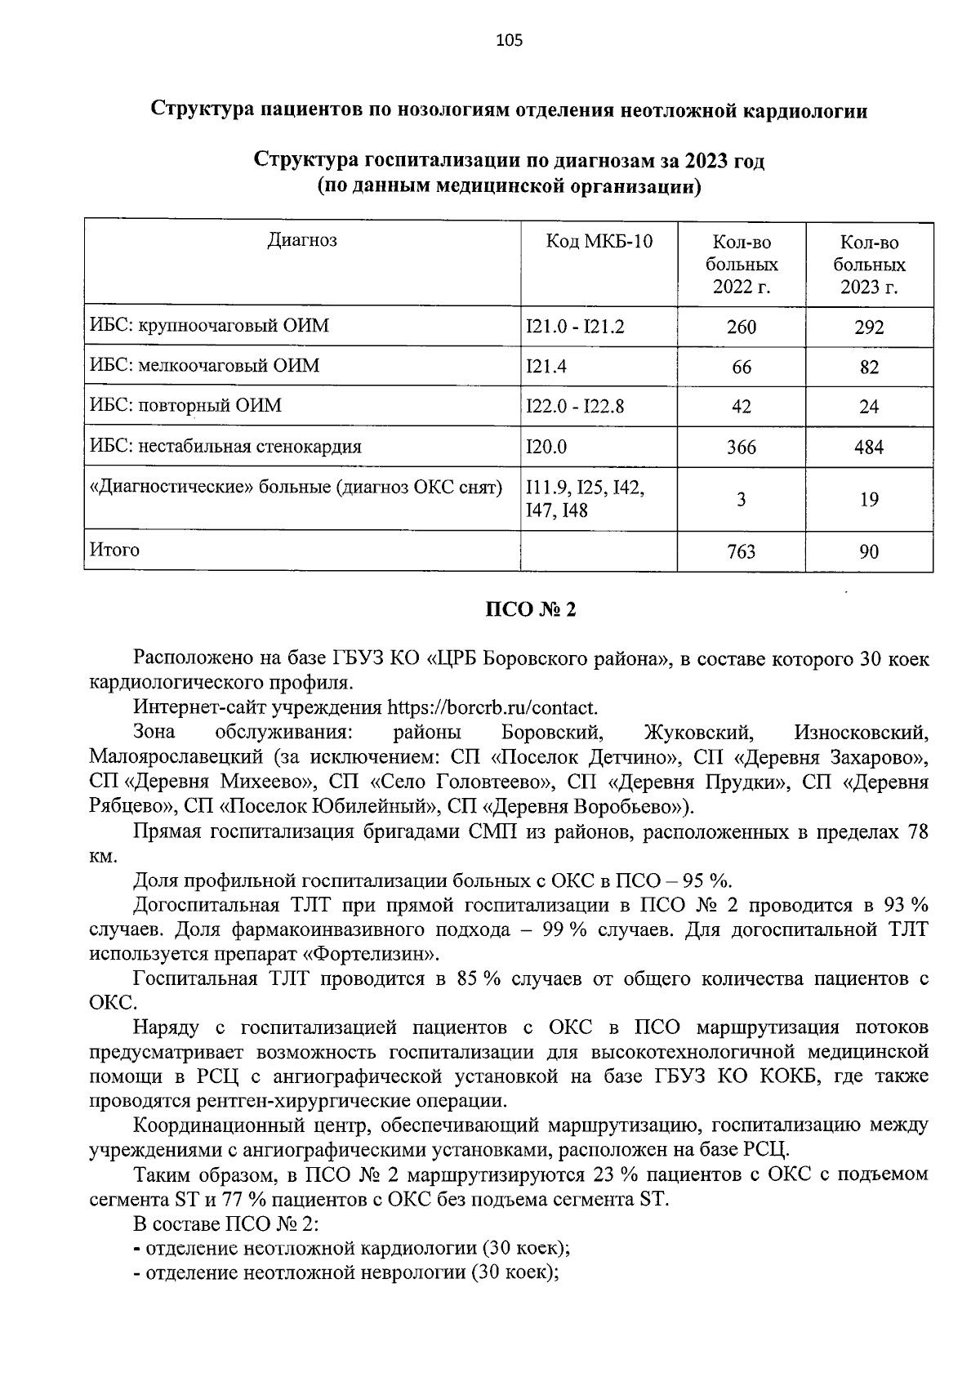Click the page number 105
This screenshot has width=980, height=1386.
point(508,40)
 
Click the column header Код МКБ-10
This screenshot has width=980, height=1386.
point(599,242)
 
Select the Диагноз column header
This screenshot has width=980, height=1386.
point(302,240)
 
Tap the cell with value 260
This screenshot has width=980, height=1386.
point(741,328)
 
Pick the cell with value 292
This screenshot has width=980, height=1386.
point(869,328)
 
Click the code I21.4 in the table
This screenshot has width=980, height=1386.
point(546,367)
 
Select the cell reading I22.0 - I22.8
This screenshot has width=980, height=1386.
point(575,406)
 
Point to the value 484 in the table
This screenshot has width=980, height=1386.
point(869,448)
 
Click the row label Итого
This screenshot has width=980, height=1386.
point(114,550)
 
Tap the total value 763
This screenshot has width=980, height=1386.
point(741,552)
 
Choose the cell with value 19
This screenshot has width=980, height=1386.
point(869,500)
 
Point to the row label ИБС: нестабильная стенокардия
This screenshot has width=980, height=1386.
point(225,447)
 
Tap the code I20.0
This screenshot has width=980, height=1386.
point(546,447)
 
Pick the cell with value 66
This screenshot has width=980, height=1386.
point(741,368)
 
